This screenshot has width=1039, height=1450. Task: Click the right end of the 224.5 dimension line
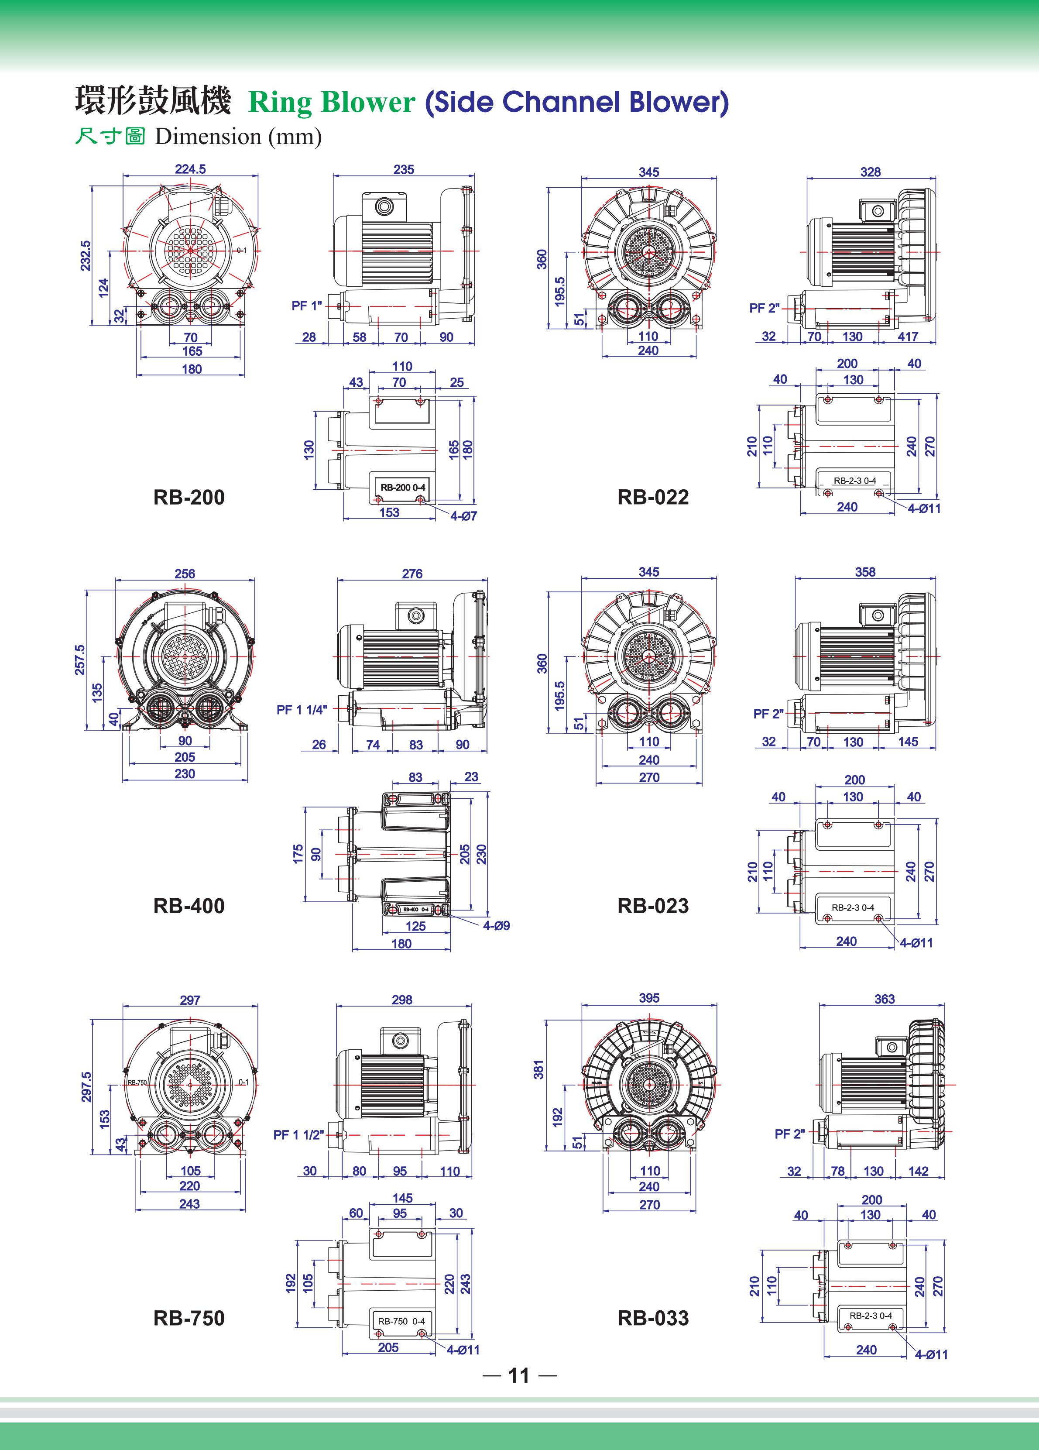click(x=259, y=175)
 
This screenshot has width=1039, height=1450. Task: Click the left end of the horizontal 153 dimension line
click(x=344, y=519)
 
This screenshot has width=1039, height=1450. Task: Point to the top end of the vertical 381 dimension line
click(x=546, y=1021)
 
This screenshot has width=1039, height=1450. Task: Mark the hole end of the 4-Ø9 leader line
click(x=446, y=912)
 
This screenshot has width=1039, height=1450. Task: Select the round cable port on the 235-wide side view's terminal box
click(x=385, y=206)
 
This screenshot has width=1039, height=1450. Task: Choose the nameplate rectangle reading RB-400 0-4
click(x=416, y=909)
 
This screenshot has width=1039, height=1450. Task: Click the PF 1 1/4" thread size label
click(x=302, y=710)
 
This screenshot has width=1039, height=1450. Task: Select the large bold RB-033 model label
click(x=653, y=1318)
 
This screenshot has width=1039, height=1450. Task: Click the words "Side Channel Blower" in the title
click(x=577, y=102)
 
